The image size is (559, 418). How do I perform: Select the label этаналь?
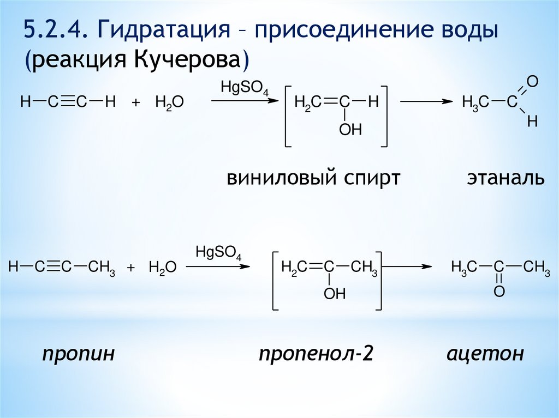click(x=506, y=178)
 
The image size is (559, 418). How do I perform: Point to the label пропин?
click(x=79, y=354)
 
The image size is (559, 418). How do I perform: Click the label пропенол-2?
click(x=316, y=354)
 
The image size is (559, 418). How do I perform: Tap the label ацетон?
click(x=485, y=354)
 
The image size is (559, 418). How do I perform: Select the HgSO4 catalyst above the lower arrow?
click(x=218, y=253)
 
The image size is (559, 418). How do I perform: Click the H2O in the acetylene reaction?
click(x=169, y=102)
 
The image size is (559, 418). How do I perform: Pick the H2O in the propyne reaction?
click(x=162, y=268)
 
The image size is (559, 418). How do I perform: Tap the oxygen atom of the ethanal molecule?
click(x=533, y=82)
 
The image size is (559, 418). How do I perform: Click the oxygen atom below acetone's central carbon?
click(x=499, y=292)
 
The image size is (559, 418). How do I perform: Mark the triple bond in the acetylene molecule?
click(x=65, y=101)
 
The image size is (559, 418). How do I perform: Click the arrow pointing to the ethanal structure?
click(x=426, y=101)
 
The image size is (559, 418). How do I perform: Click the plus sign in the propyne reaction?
click(x=131, y=268)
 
